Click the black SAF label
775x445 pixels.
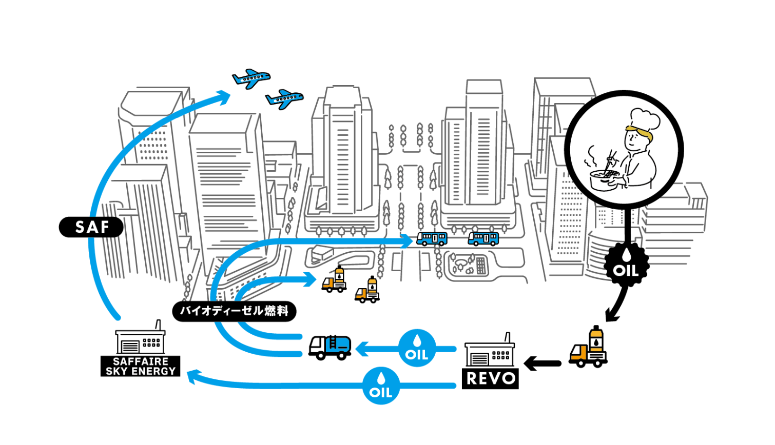(x=91, y=227)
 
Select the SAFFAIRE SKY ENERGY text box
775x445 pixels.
(x=141, y=366)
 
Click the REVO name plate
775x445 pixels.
(x=490, y=378)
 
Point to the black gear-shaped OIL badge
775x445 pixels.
(x=626, y=265)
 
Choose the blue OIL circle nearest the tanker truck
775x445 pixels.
(x=417, y=349)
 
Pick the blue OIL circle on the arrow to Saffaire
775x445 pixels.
(x=381, y=386)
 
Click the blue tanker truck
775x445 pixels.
(x=330, y=347)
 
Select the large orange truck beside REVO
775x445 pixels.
(x=589, y=349)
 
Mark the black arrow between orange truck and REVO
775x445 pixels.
(x=542, y=363)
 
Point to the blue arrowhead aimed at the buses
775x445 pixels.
(x=406, y=240)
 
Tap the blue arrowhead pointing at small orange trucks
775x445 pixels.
(x=310, y=279)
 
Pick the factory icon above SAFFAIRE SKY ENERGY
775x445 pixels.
(x=140, y=339)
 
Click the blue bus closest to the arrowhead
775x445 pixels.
(x=432, y=238)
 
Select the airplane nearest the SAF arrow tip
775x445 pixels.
(x=251, y=78)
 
